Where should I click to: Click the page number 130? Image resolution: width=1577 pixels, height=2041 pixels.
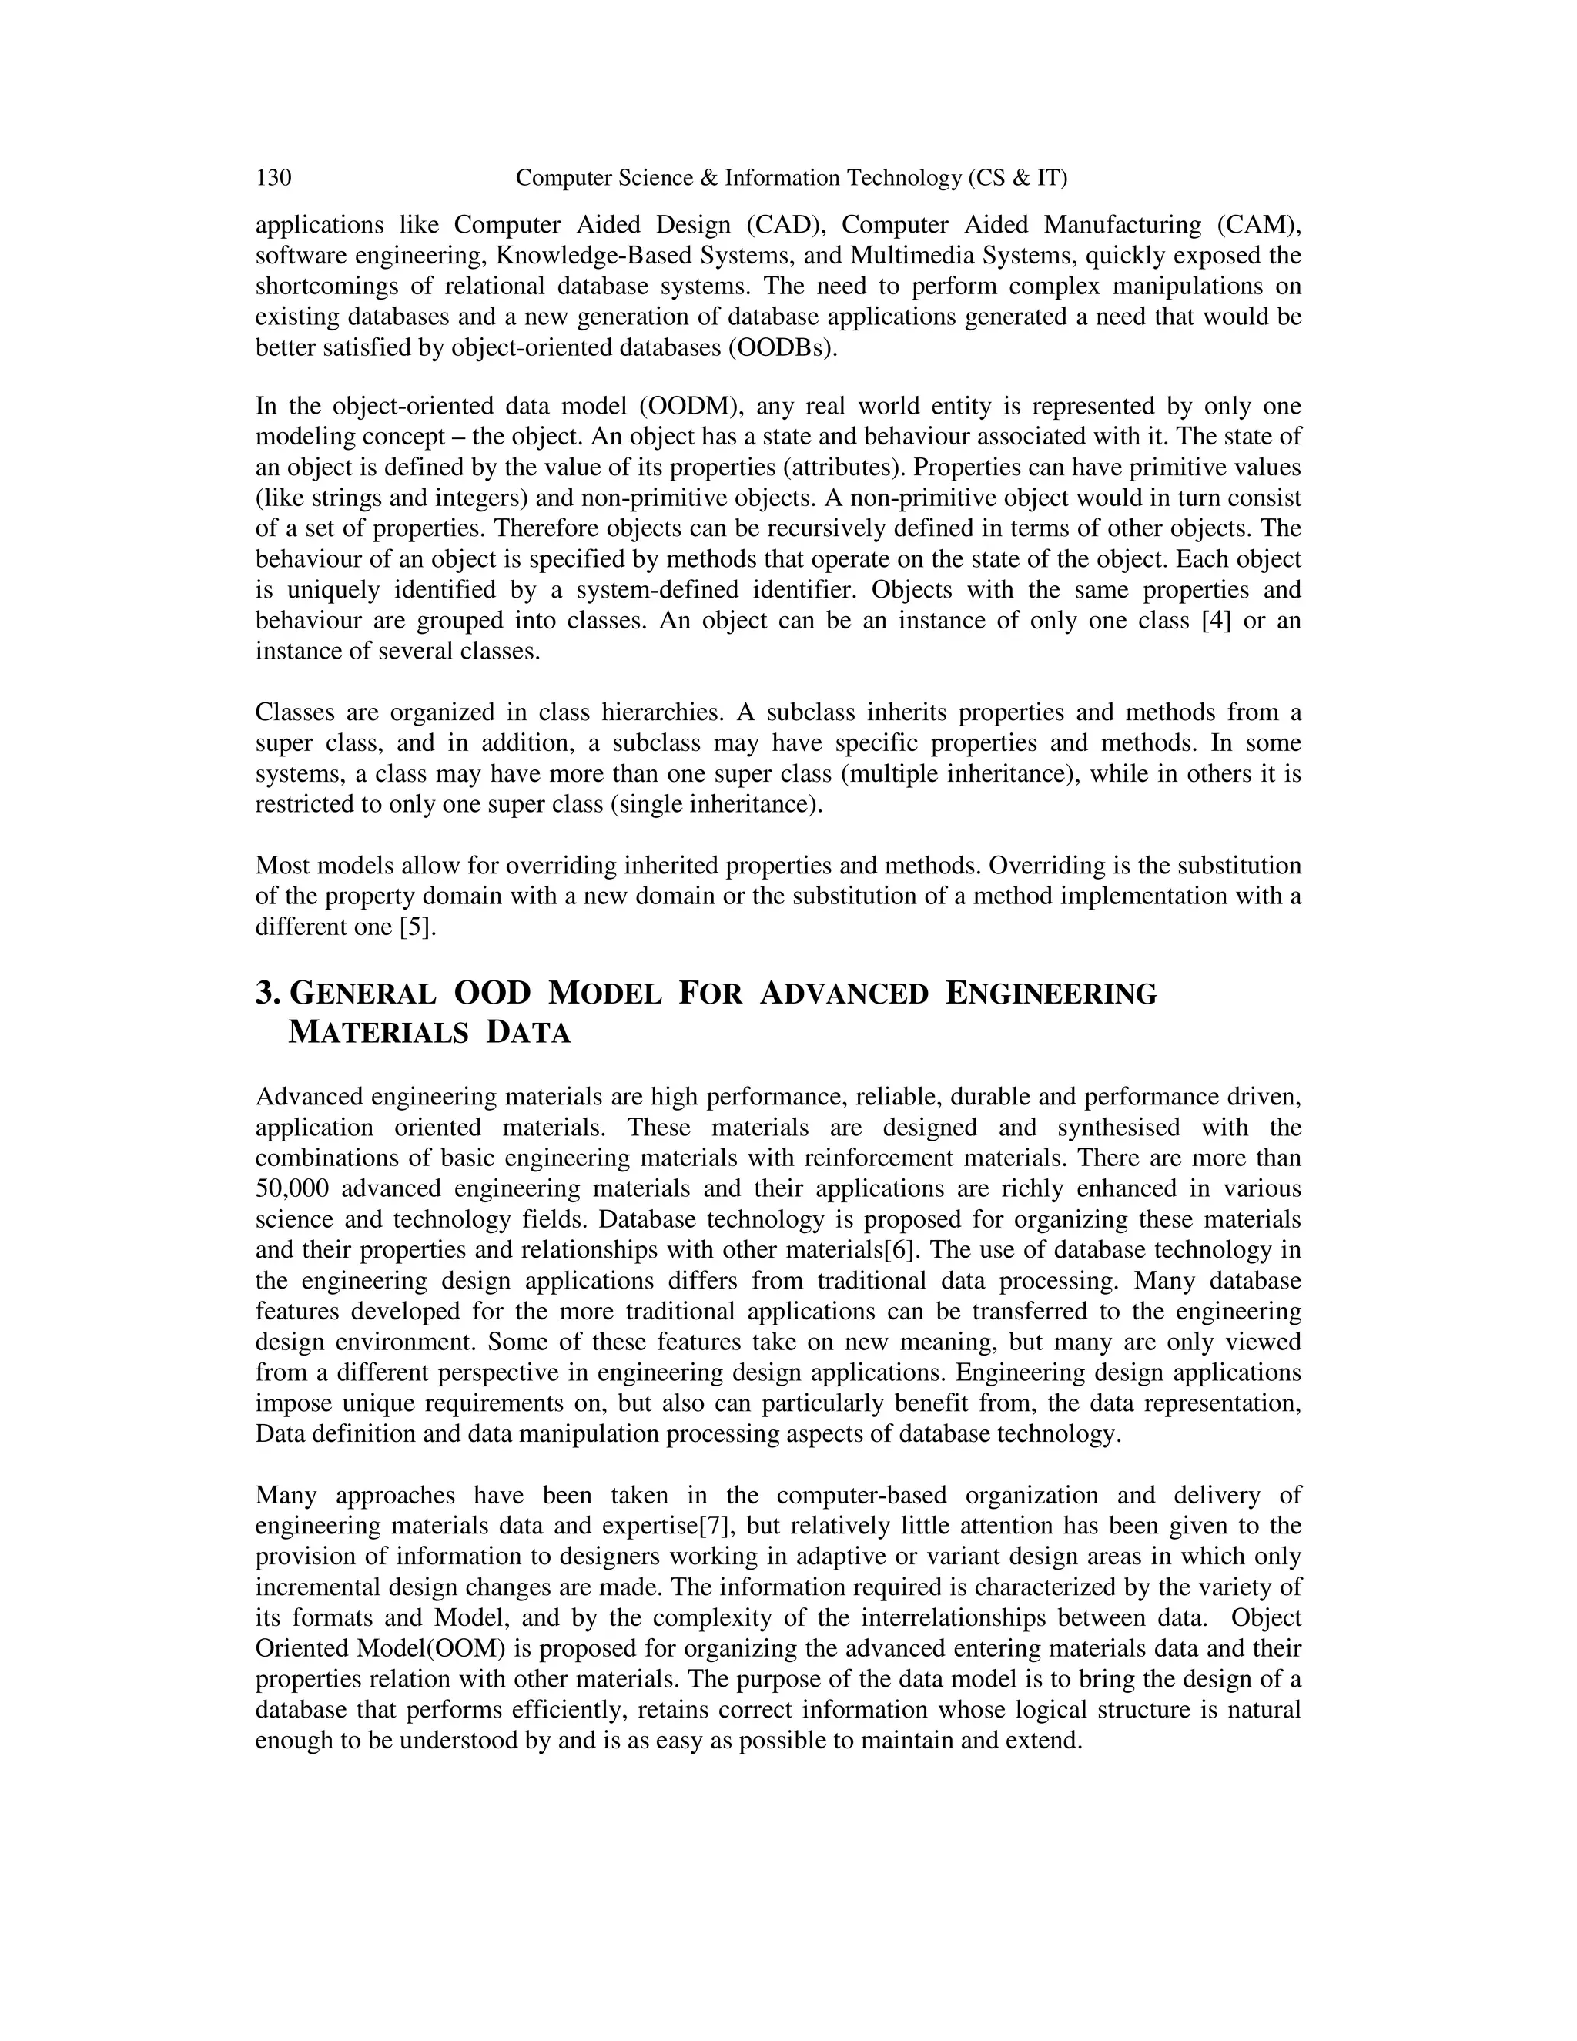[273, 178]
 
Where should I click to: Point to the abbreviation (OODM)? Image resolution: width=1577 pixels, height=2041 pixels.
[691, 407]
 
